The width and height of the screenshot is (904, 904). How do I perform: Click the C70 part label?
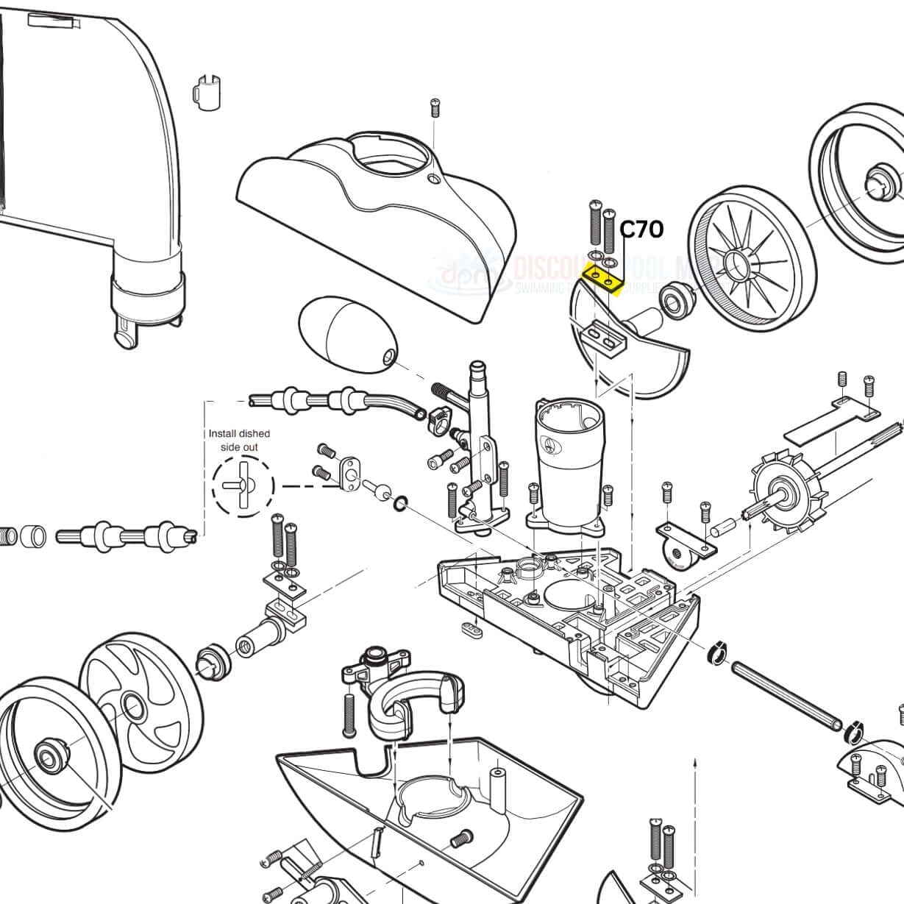tap(641, 229)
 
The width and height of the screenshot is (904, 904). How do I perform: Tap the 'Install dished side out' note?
tap(239, 440)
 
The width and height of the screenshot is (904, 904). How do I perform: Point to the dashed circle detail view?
tap(243, 485)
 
